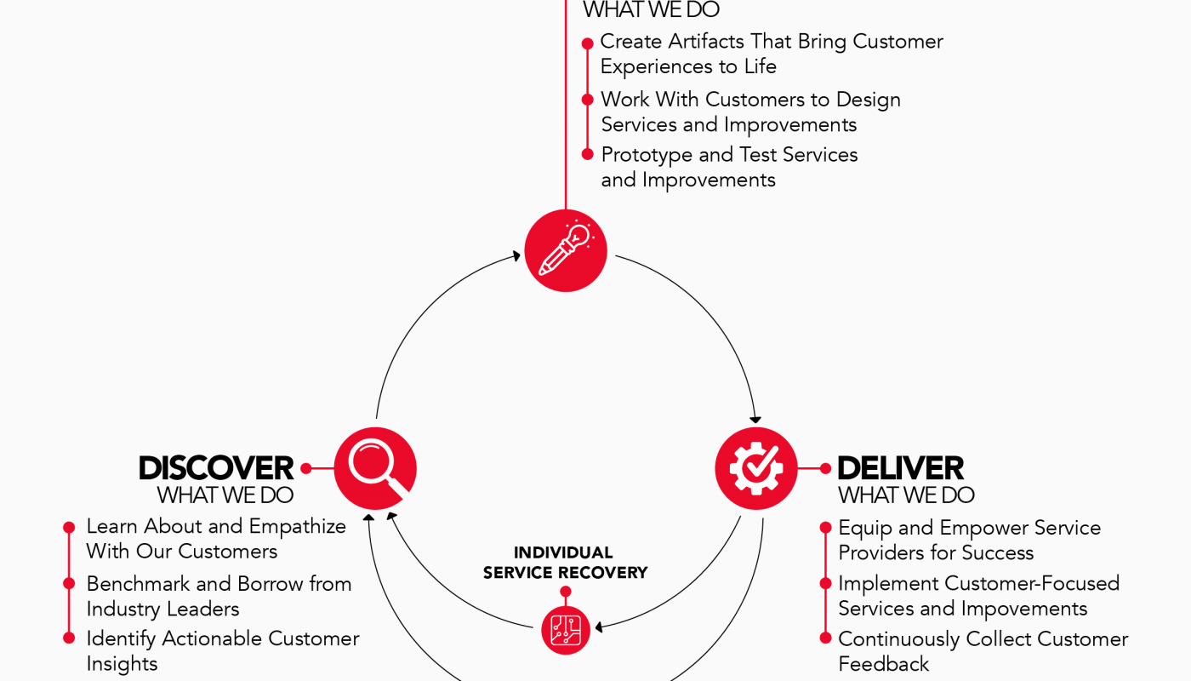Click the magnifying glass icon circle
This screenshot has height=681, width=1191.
(375, 467)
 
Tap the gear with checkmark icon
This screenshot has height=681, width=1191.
(755, 467)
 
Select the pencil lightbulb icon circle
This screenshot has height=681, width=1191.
(566, 250)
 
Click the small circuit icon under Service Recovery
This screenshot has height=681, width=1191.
(566, 629)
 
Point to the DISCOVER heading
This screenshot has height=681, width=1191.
(216, 467)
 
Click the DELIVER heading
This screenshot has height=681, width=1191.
(901, 467)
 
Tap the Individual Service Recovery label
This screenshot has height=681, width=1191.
(566, 563)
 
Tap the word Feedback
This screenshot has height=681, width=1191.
(884, 664)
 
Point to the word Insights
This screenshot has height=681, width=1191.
(123, 664)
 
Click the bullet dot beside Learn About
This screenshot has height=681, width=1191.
(69, 528)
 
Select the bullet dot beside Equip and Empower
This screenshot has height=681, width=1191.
(824, 529)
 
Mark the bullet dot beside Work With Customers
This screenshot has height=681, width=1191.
(587, 100)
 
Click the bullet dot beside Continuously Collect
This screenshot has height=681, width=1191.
(824, 638)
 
